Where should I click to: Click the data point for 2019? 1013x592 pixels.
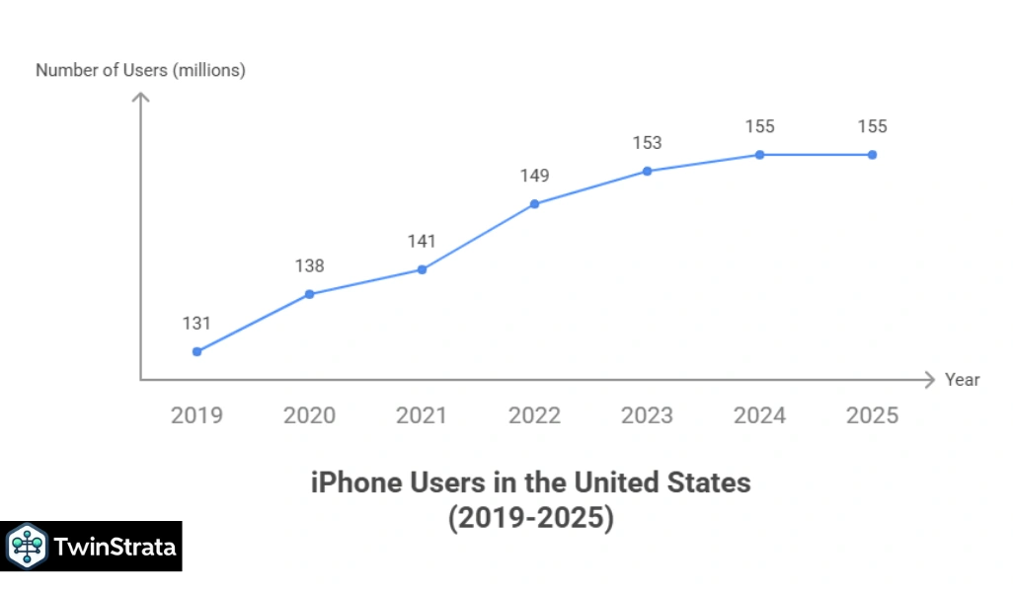(196, 351)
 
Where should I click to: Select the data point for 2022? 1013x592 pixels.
(534, 204)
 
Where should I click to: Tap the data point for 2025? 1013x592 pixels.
(872, 155)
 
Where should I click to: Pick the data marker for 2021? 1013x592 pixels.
(422, 269)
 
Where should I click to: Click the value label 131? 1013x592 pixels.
(196, 324)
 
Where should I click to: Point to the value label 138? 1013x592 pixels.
(309, 265)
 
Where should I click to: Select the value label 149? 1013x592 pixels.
(534, 176)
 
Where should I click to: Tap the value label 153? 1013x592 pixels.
(647, 143)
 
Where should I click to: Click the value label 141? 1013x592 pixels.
(422, 241)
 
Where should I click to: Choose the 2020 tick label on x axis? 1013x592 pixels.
(309, 415)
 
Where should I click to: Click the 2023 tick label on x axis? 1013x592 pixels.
(647, 415)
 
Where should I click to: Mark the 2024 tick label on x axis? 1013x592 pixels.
(759, 415)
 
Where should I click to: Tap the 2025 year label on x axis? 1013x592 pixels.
(872, 415)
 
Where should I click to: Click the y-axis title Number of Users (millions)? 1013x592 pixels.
(140, 70)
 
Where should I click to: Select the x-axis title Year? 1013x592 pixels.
(962, 380)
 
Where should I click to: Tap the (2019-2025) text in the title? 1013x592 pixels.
(530, 518)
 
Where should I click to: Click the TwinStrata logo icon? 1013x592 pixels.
(27, 546)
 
